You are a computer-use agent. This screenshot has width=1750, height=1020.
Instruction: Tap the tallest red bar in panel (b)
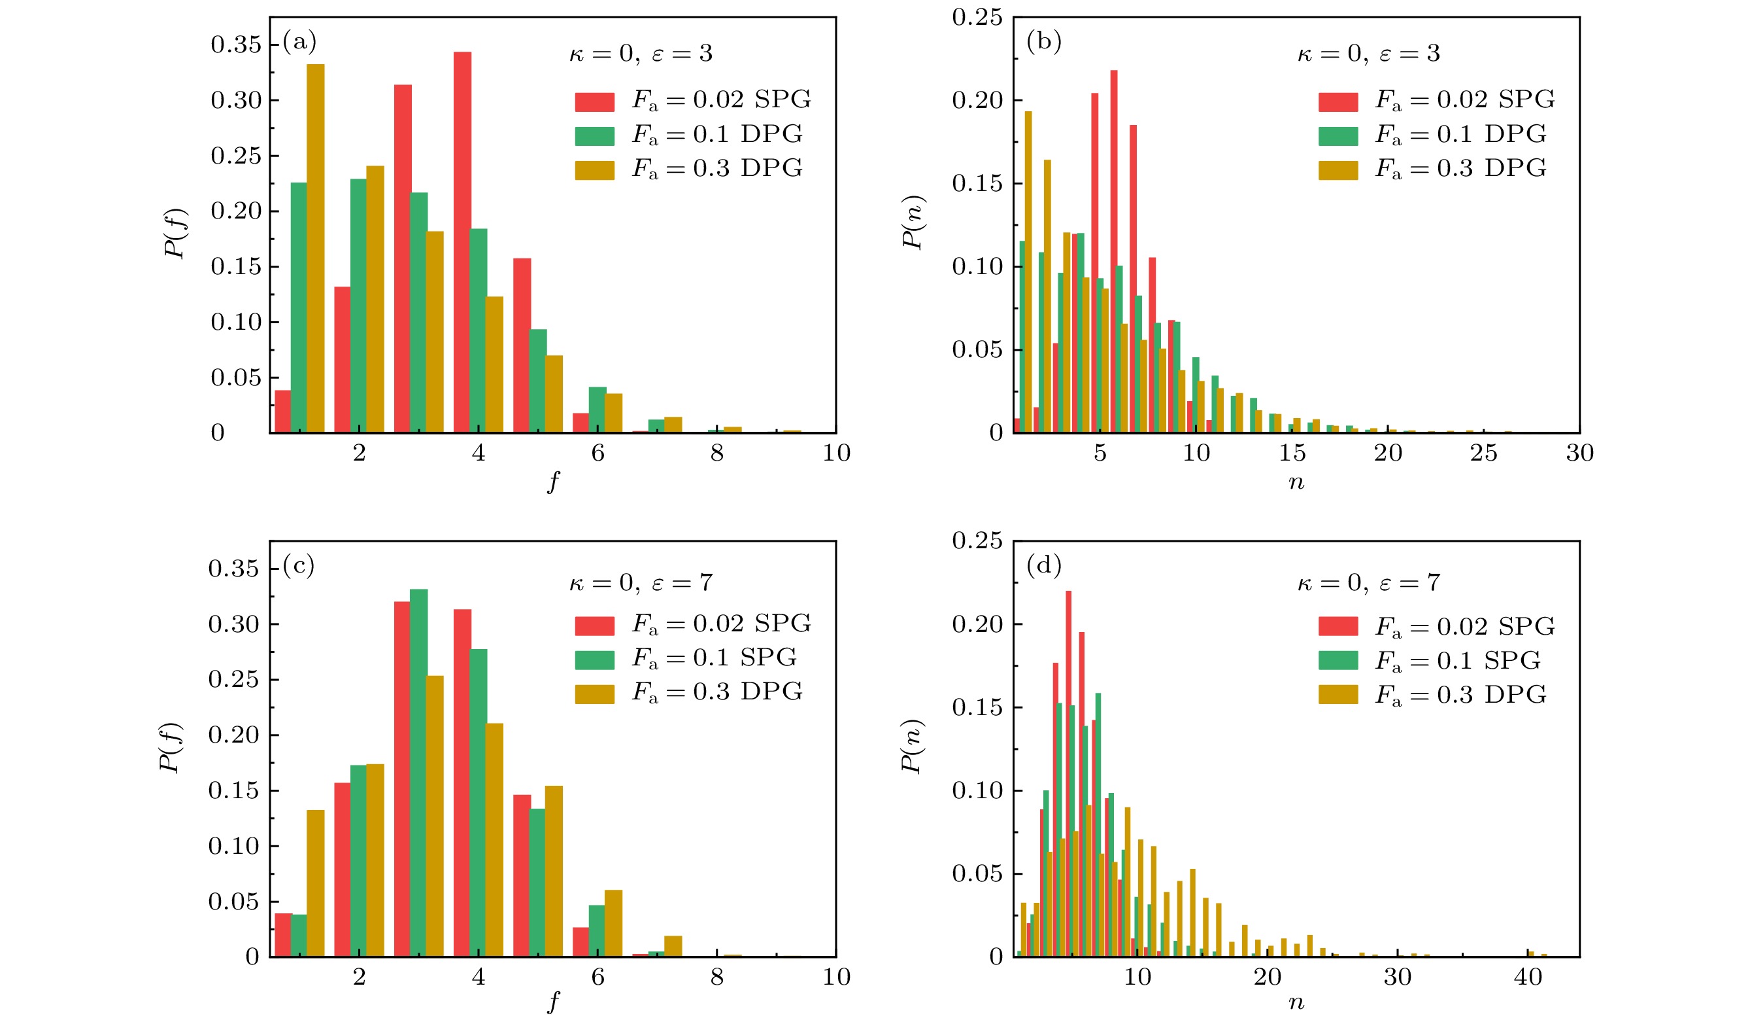pyautogui.click(x=1114, y=251)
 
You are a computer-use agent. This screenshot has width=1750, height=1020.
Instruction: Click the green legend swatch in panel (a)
pyautogui.click(x=594, y=136)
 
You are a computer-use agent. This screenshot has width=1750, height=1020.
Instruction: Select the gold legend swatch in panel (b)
pyautogui.click(x=1338, y=170)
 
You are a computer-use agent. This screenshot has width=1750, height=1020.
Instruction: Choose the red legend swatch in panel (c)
pyautogui.click(x=594, y=626)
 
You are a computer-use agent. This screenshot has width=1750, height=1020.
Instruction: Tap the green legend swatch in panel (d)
pyautogui.click(x=1338, y=661)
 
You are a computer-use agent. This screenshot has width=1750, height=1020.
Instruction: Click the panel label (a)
pyautogui.click(x=299, y=43)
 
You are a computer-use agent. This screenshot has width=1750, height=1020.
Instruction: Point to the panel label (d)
pyautogui.click(x=1044, y=567)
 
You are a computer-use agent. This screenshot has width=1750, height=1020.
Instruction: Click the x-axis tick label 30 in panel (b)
pyautogui.click(x=1580, y=453)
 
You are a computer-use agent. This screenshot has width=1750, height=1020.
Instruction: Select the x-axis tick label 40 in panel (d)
pyautogui.click(x=1528, y=977)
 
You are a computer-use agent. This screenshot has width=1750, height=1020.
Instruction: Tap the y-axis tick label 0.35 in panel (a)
pyautogui.click(x=236, y=45)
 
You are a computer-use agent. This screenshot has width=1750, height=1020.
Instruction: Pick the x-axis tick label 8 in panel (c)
pyautogui.click(x=716, y=977)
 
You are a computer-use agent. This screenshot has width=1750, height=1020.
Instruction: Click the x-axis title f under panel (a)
pyautogui.click(x=553, y=482)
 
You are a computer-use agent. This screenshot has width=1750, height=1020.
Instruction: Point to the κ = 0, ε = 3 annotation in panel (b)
pyautogui.click(x=1369, y=54)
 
